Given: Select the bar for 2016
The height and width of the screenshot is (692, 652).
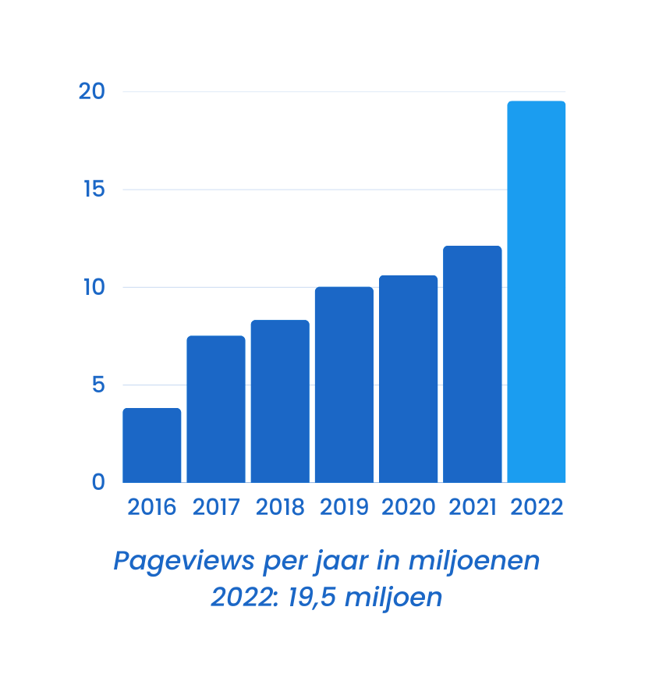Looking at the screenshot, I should [x=152, y=445].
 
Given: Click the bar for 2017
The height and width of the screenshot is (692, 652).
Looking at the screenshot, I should [x=216, y=410].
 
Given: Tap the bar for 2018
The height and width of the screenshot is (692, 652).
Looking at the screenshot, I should [x=280, y=402].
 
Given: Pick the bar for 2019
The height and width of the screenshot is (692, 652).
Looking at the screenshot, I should [x=344, y=385].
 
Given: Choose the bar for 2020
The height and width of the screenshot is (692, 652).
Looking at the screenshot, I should [x=408, y=379].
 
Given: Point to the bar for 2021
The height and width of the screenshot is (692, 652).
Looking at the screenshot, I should [x=472, y=364].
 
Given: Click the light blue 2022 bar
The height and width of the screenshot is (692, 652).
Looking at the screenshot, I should [x=536, y=292].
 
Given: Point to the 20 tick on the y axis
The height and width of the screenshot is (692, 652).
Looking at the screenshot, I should [x=92, y=92].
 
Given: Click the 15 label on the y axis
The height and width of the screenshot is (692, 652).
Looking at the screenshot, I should [x=94, y=190].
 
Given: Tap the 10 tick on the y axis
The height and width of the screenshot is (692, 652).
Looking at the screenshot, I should [x=92, y=287].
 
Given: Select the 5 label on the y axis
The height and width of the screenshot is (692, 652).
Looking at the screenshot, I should [x=97, y=385].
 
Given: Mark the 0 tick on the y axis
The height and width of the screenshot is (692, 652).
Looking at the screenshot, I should [x=97, y=482].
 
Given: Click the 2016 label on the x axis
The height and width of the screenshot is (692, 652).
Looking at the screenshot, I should [x=152, y=507].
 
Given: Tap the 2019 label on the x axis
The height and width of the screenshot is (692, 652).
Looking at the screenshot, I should [x=344, y=507].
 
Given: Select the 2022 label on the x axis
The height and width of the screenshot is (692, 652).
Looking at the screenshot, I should [x=537, y=507].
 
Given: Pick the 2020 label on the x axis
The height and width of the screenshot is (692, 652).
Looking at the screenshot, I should [x=408, y=507].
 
